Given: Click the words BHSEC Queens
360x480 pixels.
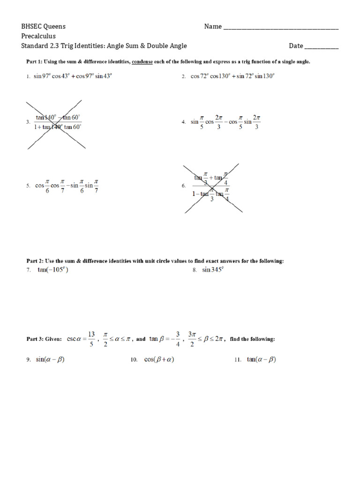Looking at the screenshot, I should pyautogui.click(x=44, y=27).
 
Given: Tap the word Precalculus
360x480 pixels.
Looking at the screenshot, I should pyautogui.click(x=38, y=36).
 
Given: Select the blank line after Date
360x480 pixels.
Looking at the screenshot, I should pyautogui.click(x=322, y=47).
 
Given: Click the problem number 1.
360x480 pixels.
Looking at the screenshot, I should pyautogui.click(x=28, y=77).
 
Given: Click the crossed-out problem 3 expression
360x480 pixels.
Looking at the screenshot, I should pyautogui.click(x=58, y=122).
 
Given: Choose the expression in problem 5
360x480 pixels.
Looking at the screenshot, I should pyautogui.click(x=66, y=186).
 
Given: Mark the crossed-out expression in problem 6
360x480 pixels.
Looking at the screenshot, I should pyautogui.click(x=211, y=186).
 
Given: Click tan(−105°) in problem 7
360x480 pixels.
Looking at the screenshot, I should pyautogui.click(x=53, y=270).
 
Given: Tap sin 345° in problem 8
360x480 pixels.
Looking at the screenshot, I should pyautogui.click(x=213, y=270).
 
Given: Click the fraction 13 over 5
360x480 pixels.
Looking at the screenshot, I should pyautogui.click(x=91, y=338).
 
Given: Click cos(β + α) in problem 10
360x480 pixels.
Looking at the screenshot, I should pyautogui.click(x=159, y=360).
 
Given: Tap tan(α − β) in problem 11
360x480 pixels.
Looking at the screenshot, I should pyautogui.click(x=262, y=360).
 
